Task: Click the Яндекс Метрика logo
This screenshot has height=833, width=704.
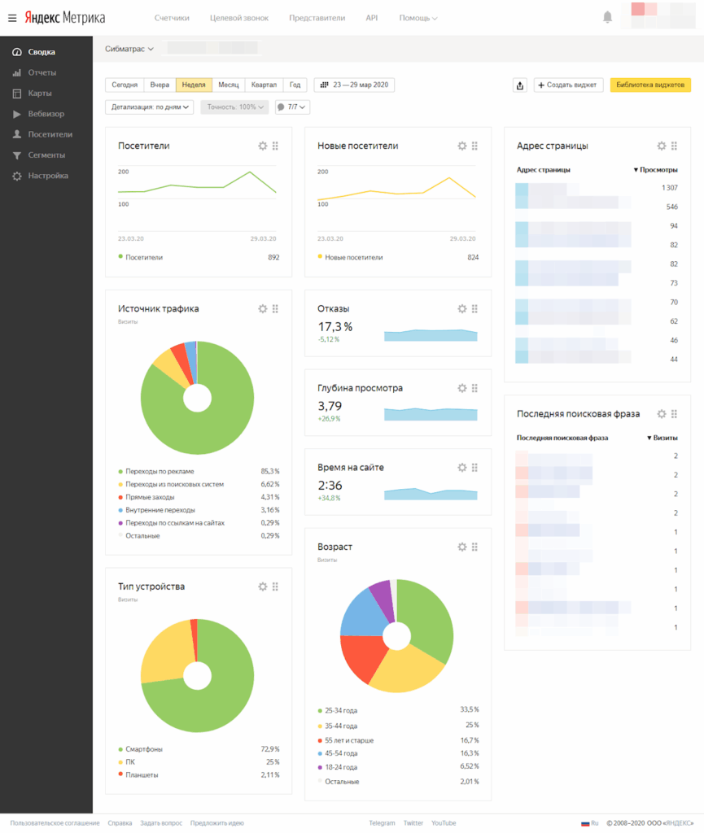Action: click(x=64, y=17)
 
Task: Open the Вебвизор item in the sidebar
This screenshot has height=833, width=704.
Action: click(x=46, y=114)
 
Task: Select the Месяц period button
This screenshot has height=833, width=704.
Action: click(x=228, y=85)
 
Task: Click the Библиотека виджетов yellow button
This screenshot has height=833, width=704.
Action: click(x=650, y=85)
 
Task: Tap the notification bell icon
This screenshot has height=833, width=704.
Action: click(x=607, y=17)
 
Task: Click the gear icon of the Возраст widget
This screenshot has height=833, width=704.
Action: click(x=462, y=547)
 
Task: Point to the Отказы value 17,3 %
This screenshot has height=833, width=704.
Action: click(x=335, y=326)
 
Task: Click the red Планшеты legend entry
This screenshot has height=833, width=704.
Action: click(x=142, y=774)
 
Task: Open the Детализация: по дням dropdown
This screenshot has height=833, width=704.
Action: click(x=150, y=107)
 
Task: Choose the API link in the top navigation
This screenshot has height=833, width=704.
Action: click(x=371, y=17)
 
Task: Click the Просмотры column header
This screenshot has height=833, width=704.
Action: click(x=656, y=170)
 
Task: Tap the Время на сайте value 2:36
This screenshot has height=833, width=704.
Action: click(x=329, y=485)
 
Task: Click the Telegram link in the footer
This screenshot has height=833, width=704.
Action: click(x=382, y=823)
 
